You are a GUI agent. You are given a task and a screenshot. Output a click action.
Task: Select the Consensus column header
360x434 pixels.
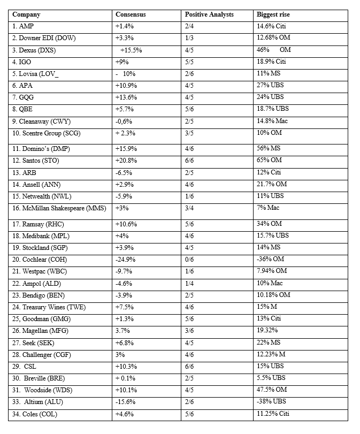pos(131,14)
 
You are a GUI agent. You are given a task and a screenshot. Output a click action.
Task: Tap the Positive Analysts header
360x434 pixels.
pos(209,14)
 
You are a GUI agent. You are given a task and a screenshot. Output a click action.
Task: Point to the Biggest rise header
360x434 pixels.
pos(273,14)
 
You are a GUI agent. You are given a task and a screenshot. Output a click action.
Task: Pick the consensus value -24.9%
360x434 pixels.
pos(126,259)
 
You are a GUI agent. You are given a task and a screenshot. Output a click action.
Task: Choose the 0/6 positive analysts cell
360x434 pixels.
pos(189,259)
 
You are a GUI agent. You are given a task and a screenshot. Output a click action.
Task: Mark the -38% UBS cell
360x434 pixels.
pos(271,402)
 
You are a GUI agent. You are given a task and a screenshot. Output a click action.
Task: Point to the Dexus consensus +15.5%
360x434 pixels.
pos(131,50)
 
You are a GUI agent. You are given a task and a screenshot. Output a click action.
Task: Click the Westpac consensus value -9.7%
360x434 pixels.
pos(124,271)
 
